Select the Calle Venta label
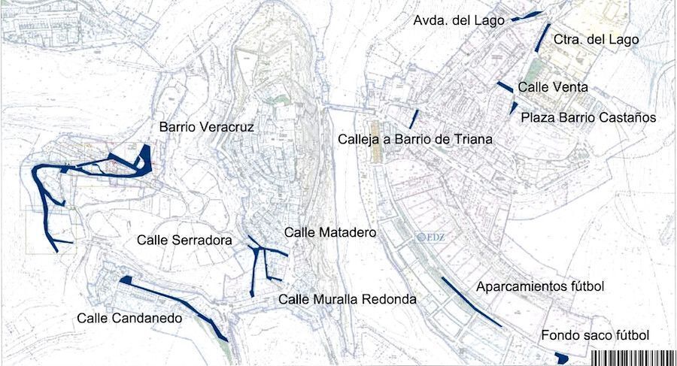coord(553,87)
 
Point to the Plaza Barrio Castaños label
coord(588,118)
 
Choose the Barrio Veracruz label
coord(207,127)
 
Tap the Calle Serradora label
coord(184,240)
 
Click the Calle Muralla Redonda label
coord(347,298)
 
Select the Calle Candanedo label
coord(129,319)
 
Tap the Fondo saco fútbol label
coord(594,335)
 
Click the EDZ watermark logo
coord(431,237)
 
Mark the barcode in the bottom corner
coord(633,357)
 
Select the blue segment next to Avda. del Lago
coord(526,17)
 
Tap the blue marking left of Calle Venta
coord(504,86)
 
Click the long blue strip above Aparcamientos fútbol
coord(471,301)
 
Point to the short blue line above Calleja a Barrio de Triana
coord(413,118)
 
